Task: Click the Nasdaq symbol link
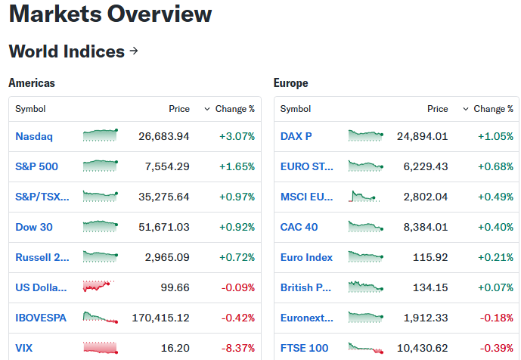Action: [34, 136]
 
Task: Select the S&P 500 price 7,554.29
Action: [167, 166]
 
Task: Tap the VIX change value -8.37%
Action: [238, 348]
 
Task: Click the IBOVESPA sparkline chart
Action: [101, 318]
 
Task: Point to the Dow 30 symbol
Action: [34, 227]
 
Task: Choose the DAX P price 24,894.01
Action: [422, 136]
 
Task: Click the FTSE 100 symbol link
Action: [305, 348]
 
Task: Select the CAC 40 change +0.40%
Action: [495, 227]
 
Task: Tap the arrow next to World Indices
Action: [134, 51]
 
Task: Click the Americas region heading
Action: [32, 82]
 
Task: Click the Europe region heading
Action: [290, 82]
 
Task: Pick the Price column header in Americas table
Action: [179, 109]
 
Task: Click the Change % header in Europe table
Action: [493, 109]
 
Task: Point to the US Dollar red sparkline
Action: [99, 286]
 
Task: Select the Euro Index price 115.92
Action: [430, 257]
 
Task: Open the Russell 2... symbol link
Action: [42, 257]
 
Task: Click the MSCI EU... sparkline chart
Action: [364, 196]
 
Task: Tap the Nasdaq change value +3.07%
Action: [237, 136]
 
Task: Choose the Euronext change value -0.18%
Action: [496, 318]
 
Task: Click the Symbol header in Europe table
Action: [296, 109]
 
